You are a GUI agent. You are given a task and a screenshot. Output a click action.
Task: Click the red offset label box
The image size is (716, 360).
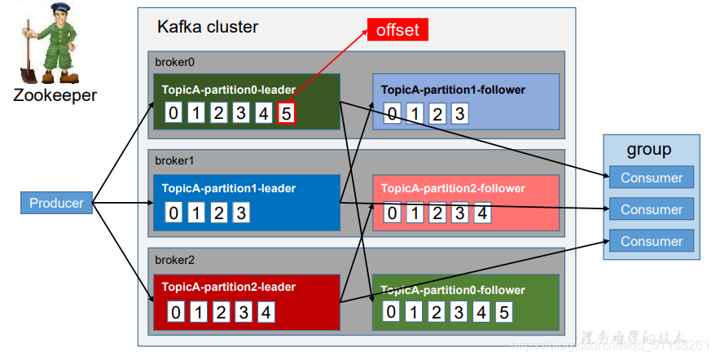[x=398, y=29]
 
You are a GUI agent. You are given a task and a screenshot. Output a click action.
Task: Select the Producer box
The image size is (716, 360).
[x=57, y=203]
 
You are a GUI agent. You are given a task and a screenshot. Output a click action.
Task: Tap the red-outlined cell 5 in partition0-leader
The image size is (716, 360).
[x=286, y=113]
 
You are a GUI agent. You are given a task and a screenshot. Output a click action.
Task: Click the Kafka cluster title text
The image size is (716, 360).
[x=208, y=27]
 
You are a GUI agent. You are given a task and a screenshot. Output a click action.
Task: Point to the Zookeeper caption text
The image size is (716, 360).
[x=55, y=95]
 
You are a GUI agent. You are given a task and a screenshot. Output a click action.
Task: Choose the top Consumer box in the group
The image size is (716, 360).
[x=652, y=178]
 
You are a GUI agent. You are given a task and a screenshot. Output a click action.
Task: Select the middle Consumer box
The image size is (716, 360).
[x=652, y=209]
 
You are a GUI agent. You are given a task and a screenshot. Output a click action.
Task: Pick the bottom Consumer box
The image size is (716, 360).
[x=652, y=241]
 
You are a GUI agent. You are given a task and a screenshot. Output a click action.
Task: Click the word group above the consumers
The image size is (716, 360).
[x=649, y=150]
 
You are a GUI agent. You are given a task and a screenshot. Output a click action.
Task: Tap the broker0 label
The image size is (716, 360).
[x=173, y=62]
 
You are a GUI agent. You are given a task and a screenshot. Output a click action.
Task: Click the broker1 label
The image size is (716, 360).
[x=173, y=160]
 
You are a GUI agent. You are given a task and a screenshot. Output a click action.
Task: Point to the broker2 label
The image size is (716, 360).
[x=173, y=260]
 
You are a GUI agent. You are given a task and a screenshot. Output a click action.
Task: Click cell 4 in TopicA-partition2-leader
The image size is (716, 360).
[x=266, y=312]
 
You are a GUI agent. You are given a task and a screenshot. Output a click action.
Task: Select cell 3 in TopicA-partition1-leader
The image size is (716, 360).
[x=240, y=213]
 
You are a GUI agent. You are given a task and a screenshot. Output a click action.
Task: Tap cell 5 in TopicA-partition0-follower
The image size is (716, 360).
[x=504, y=312]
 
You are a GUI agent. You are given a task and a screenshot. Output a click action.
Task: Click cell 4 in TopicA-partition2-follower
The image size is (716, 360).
[x=483, y=213]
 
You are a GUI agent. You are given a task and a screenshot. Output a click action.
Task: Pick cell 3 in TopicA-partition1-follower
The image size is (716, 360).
[x=460, y=114]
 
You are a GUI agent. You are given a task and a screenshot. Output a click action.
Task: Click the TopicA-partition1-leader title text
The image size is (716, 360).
[x=229, y=188]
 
